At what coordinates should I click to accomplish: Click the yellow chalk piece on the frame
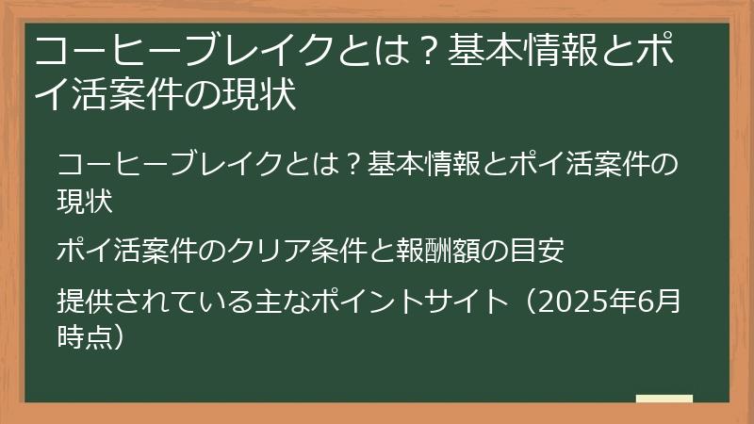point(664,399)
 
